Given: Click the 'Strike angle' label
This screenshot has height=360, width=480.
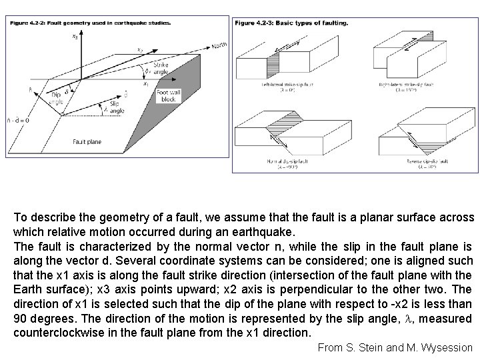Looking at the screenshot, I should [x=161, y=69].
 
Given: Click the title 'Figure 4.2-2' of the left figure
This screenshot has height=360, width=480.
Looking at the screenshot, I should [x=90, y=21].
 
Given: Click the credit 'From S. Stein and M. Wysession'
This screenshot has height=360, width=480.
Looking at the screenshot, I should [x=395, y=347].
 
